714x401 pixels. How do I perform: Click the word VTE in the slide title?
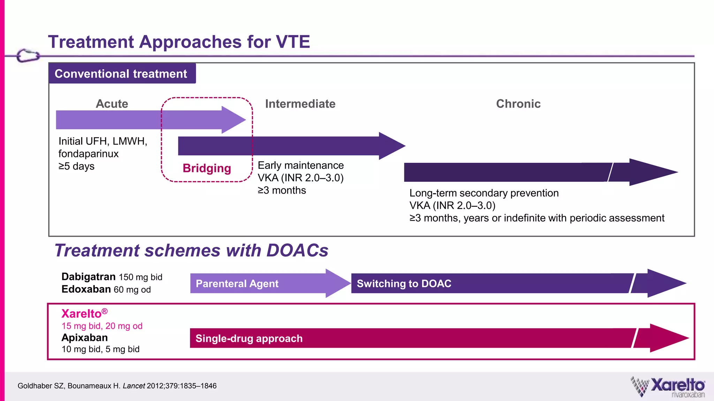293,42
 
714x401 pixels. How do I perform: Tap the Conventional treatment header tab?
121,74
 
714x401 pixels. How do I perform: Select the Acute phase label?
112,104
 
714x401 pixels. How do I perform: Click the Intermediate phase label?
300,104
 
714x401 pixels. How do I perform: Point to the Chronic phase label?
518,104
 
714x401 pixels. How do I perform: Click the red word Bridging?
207,168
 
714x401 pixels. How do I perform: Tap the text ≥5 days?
76,166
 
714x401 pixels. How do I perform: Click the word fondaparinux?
89,154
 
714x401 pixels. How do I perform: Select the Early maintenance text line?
301,165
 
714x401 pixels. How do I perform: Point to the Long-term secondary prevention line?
484,193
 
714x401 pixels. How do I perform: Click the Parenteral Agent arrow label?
237,284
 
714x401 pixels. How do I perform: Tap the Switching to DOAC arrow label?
404,284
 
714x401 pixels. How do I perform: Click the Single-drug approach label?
249,338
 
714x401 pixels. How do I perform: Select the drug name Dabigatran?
89,277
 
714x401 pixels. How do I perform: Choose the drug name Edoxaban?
86,289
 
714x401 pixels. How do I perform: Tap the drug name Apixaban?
85,338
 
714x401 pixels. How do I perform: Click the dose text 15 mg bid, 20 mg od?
102,326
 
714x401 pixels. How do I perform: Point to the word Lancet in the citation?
134,386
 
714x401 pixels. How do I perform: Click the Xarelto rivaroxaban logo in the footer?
668,387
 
